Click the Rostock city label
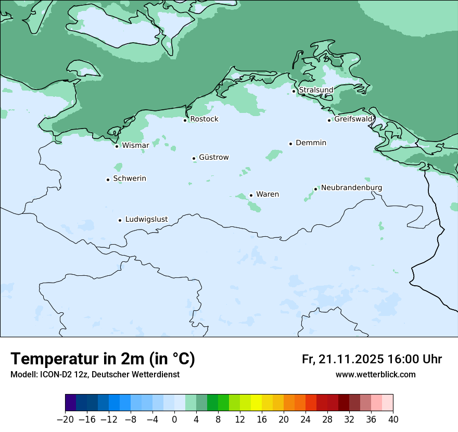click(204, 119)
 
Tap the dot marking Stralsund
click(294, 91)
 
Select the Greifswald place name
click(353, 119)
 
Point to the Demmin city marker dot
click(290, 144)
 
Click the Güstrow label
click(213, 157)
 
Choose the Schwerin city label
click(130, 179)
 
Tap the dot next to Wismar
click(117, 146)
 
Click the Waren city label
click(268, 195)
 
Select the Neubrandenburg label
click(351, 187)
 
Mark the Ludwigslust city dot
click(120, 220)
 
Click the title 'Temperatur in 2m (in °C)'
click(103, 359)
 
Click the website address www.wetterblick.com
click(375, 374)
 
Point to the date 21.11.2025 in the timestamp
click(352, 359)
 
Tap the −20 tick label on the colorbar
click(65, 420)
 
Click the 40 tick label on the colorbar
click(393, 420)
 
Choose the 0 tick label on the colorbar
click(174, 420)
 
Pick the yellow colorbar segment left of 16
click(256, 403)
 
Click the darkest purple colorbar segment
click(71, 403)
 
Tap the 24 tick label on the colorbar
click(306, 420)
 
